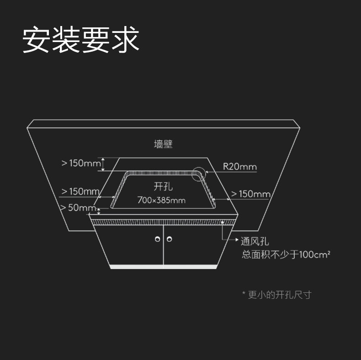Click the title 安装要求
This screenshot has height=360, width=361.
[x=81, y=40]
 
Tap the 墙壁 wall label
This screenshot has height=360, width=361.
[x=163, y=144]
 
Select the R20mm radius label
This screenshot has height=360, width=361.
[x=239, y=166]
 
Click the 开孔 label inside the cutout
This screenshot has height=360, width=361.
[x=163, y=186]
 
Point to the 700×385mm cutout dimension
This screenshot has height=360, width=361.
[x=161, y=200]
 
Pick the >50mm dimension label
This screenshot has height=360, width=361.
[x=78, y=208]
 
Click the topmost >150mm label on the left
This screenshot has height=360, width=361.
[x=81, y=163]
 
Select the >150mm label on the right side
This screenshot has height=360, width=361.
[x=250, y=194]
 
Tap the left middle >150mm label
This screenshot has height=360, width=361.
[x=80, y=191]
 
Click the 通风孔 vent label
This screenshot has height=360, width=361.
[x=255, y=242]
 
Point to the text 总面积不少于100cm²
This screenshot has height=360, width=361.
[x=286, y=254]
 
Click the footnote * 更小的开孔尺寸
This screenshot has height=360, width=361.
[x=276, y=295]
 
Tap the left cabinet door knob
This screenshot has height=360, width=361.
[x=158, y=239]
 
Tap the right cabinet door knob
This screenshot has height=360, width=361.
[x=170, y=239]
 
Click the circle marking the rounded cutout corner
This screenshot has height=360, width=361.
[x=199, y=174]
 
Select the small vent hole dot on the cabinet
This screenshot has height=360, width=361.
[x=223, y=222]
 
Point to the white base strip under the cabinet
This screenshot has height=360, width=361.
[x=163, y=267]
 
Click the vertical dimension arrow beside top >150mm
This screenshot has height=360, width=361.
[x=103, y=164]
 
